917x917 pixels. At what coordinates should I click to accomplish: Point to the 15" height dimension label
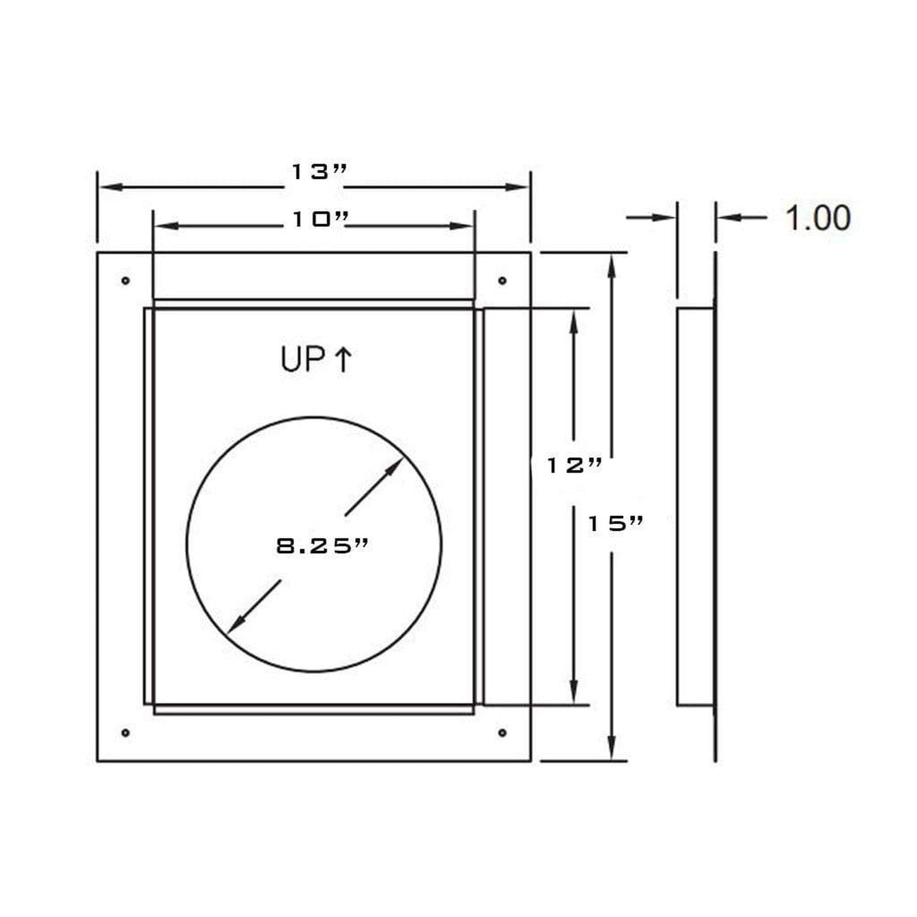[x=615, y=524]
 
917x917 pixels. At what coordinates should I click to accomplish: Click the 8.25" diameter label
[x=322, y=546]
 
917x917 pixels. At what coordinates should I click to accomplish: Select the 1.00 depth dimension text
[x=818, y=218]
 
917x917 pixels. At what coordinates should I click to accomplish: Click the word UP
[x=302, y=360]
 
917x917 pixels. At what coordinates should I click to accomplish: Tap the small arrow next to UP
[x=343, y=360]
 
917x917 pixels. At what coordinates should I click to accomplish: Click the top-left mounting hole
[x=126, y=280]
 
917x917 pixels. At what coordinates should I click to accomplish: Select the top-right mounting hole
[x=502, y=280]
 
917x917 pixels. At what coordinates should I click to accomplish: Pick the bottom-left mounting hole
[x=126, y=733]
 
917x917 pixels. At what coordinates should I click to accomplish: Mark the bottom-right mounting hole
[x=502, y=733]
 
